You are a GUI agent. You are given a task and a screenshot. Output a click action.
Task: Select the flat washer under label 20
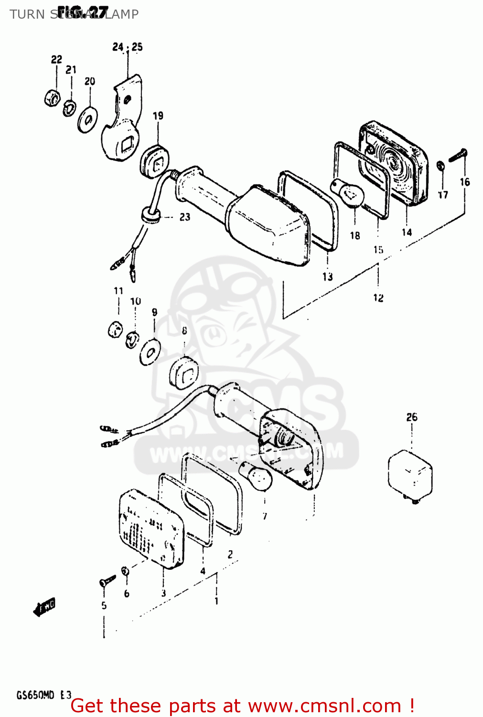pos(87,119)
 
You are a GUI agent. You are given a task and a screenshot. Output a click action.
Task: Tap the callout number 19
pos(158,116)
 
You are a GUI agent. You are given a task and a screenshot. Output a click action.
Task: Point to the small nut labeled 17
pos(441,166)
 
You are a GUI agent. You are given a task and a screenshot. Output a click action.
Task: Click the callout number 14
pos(407,232)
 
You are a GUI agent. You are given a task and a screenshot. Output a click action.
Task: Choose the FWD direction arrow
pos(45,607)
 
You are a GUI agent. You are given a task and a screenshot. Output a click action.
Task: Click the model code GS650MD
pos(35,695)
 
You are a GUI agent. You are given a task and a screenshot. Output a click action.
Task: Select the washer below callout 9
pos(150,353)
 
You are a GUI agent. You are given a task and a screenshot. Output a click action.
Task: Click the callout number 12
pos(378,298)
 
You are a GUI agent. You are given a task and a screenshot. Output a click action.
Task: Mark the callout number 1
pos(216,601)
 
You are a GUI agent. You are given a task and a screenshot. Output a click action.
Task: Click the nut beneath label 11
pos(115,329)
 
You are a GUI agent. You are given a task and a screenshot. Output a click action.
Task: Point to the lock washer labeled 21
pos(69,108)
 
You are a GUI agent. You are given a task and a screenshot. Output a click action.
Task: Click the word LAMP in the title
pos(121,14)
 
